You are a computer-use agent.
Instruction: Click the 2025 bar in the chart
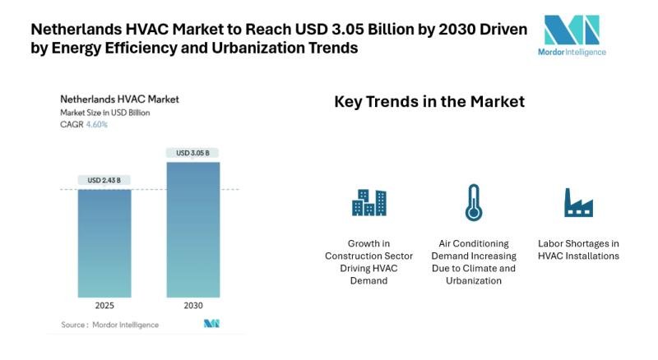[x=104, y=242]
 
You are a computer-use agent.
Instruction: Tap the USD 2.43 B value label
[x=104, y=180]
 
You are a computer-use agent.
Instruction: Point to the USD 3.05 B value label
[x=192, y=153]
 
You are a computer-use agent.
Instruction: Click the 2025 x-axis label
[x=104, y=306]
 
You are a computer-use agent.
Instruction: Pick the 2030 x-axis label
[x=192, y=306]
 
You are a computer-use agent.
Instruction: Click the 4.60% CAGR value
[x=97, y=125]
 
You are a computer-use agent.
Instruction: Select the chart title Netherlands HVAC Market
[x=119, y=99]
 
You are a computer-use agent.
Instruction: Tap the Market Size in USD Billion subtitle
[x=104, y=113]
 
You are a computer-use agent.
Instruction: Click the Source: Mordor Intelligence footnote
[x=110, y=325]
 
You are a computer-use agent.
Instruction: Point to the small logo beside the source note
[x=211, y=324]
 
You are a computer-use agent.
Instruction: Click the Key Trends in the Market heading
[x=429, y=102]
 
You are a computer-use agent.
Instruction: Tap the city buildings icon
[x=368, y=202]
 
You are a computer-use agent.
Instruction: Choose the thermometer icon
[x=473, y=202]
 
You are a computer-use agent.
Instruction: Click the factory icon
[x=578, y=202]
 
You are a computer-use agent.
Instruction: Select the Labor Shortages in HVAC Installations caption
[x=578, y=249]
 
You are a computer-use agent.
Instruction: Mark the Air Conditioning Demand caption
[x=473, y=261]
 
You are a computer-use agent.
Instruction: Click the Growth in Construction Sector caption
[x=368, y=261]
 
